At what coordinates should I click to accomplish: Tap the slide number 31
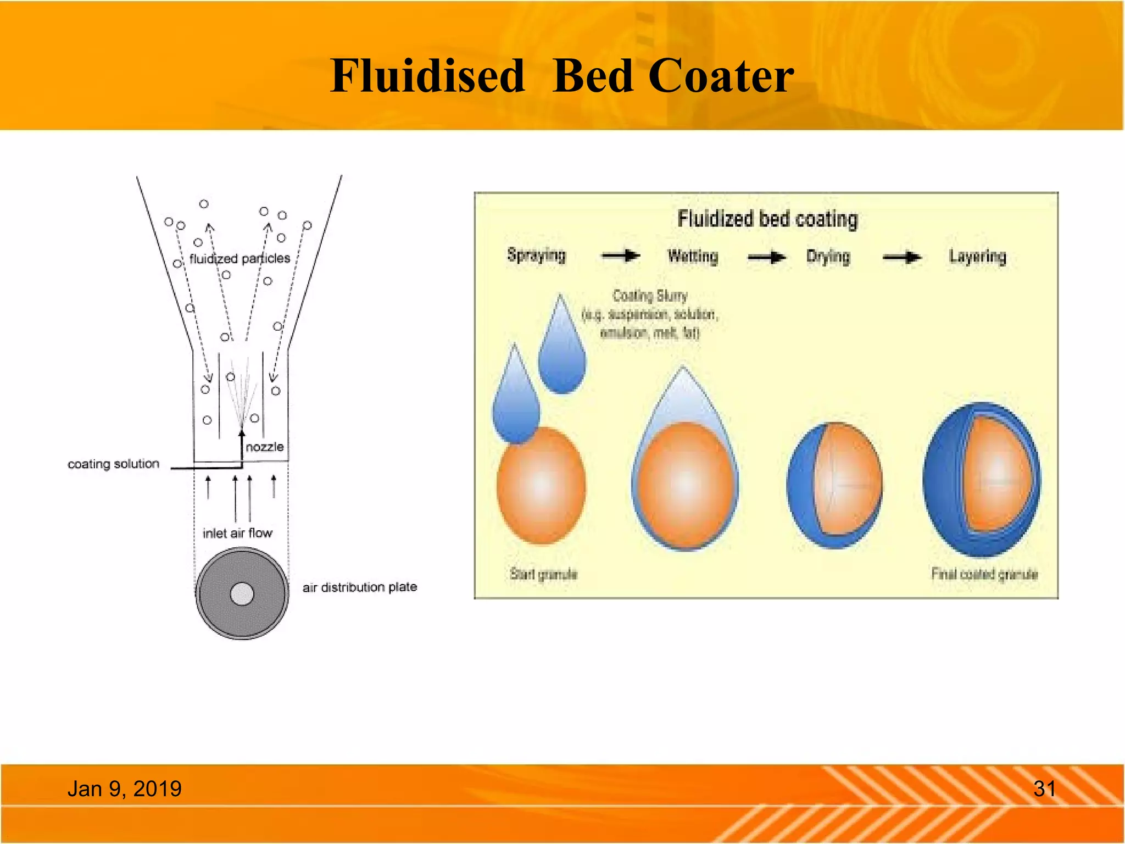(1044, 789)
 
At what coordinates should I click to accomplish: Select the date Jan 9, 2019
(124, 789)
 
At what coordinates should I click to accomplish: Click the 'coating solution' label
(113, 464)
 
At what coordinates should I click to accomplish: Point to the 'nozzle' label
(265, 447)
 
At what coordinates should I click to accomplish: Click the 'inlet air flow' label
(237, 533)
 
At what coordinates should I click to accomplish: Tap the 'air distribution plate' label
(360, 587)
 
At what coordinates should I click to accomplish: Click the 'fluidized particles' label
(240, 258)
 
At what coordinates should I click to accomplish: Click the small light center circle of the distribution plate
(242, 594)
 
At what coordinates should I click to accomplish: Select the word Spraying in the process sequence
(536, 256)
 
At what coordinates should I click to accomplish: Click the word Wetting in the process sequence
(693, 257)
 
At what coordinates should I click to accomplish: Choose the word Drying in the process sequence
(828, 257)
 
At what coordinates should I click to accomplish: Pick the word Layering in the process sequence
(977, 257)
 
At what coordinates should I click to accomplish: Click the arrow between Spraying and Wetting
(621, 256)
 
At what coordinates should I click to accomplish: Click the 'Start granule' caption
(543, 574)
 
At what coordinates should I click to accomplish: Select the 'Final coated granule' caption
(984, 574)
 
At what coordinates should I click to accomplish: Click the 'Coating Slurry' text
(650, 296)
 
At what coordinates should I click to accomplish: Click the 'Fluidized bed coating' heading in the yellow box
(767, 219)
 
